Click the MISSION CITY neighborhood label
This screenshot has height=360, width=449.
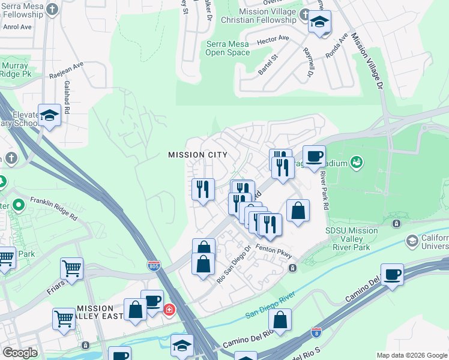point(197,155)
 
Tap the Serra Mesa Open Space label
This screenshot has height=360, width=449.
point(228,48)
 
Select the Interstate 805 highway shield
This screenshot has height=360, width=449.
point(154,266)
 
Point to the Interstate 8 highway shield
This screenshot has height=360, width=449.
point(316,331)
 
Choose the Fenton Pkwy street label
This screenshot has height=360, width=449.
point(273,249)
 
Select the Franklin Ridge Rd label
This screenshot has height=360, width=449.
point(55,208)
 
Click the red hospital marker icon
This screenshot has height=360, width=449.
point(170,310)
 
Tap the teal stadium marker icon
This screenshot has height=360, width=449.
point(357,161)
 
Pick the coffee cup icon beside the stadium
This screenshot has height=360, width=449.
point(313,157)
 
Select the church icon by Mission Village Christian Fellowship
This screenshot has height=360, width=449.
point(306,15)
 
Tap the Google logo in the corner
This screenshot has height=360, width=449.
point(20,352)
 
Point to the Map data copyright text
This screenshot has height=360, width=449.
point(411,355)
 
